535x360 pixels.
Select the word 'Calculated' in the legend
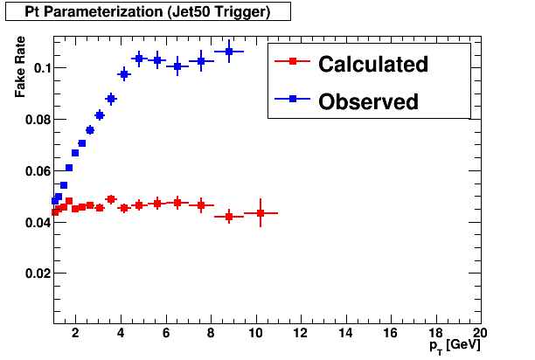pos(373,64)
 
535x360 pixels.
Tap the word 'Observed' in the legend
pos(369,101)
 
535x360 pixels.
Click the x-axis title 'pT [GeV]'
pos(454,347)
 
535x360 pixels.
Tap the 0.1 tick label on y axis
pos(38,68)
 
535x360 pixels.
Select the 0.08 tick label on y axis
pos(35,120)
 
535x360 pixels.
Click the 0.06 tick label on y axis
pos(35,171)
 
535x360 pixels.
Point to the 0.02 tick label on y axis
pos(35,273)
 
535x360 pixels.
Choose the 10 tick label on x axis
pos(255,334)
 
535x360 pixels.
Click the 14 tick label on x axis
pos(345,334)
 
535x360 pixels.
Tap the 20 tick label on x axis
pos(479,334)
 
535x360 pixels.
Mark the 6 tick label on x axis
pos(165,334)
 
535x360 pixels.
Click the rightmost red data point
pos(261,213)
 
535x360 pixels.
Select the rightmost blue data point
pos(229,52)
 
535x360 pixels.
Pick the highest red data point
pos(111,199)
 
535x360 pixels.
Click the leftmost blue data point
pos(55,201)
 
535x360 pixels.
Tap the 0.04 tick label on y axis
pos(35,223)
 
